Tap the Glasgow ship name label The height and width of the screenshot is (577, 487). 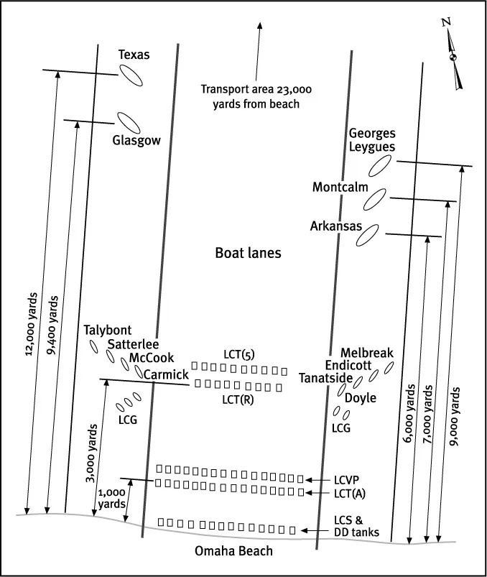tap(136, 141)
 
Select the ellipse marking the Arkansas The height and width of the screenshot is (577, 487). tap(367, 235)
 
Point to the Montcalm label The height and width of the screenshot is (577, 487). tap(340, 188)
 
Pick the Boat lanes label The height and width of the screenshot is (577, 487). tap(248, 253)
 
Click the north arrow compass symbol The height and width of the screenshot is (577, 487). tap(453, 57)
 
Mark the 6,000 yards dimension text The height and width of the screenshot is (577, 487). tap(412, 413)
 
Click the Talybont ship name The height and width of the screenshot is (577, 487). tap(108, 331)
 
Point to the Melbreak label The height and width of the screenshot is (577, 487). tap(367, 353)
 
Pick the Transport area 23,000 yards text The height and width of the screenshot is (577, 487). tap(249, 96)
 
